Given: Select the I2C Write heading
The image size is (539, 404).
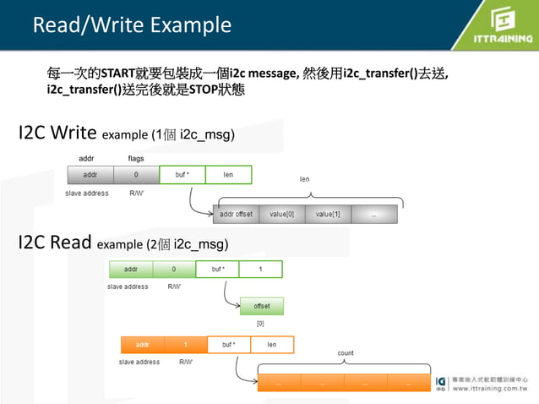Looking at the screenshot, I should coord(58,133).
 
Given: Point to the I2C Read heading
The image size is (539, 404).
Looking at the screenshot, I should coord(56,243).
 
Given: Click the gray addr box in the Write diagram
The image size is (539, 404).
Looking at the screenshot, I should coord(90,175).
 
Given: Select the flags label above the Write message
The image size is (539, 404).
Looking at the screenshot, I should coord(136,159).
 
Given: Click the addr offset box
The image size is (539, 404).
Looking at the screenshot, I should coord(236,214).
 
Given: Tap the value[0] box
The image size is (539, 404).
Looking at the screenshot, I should coord(281,214).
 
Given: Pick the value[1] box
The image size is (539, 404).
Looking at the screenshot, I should coord(328,214).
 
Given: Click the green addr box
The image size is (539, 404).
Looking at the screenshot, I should coord(131,270).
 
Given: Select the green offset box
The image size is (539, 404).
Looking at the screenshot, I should coord(261,306).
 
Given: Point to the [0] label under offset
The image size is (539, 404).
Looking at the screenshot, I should coord(260,323).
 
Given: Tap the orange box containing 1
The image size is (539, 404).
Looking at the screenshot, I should coord(186,345).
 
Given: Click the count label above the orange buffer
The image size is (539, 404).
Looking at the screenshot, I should coord(346,353).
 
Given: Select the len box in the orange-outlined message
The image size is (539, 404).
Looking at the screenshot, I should coord(271,345).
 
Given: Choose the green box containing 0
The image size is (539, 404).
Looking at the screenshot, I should coord(174,270).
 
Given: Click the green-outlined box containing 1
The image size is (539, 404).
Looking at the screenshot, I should coord(260,270).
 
